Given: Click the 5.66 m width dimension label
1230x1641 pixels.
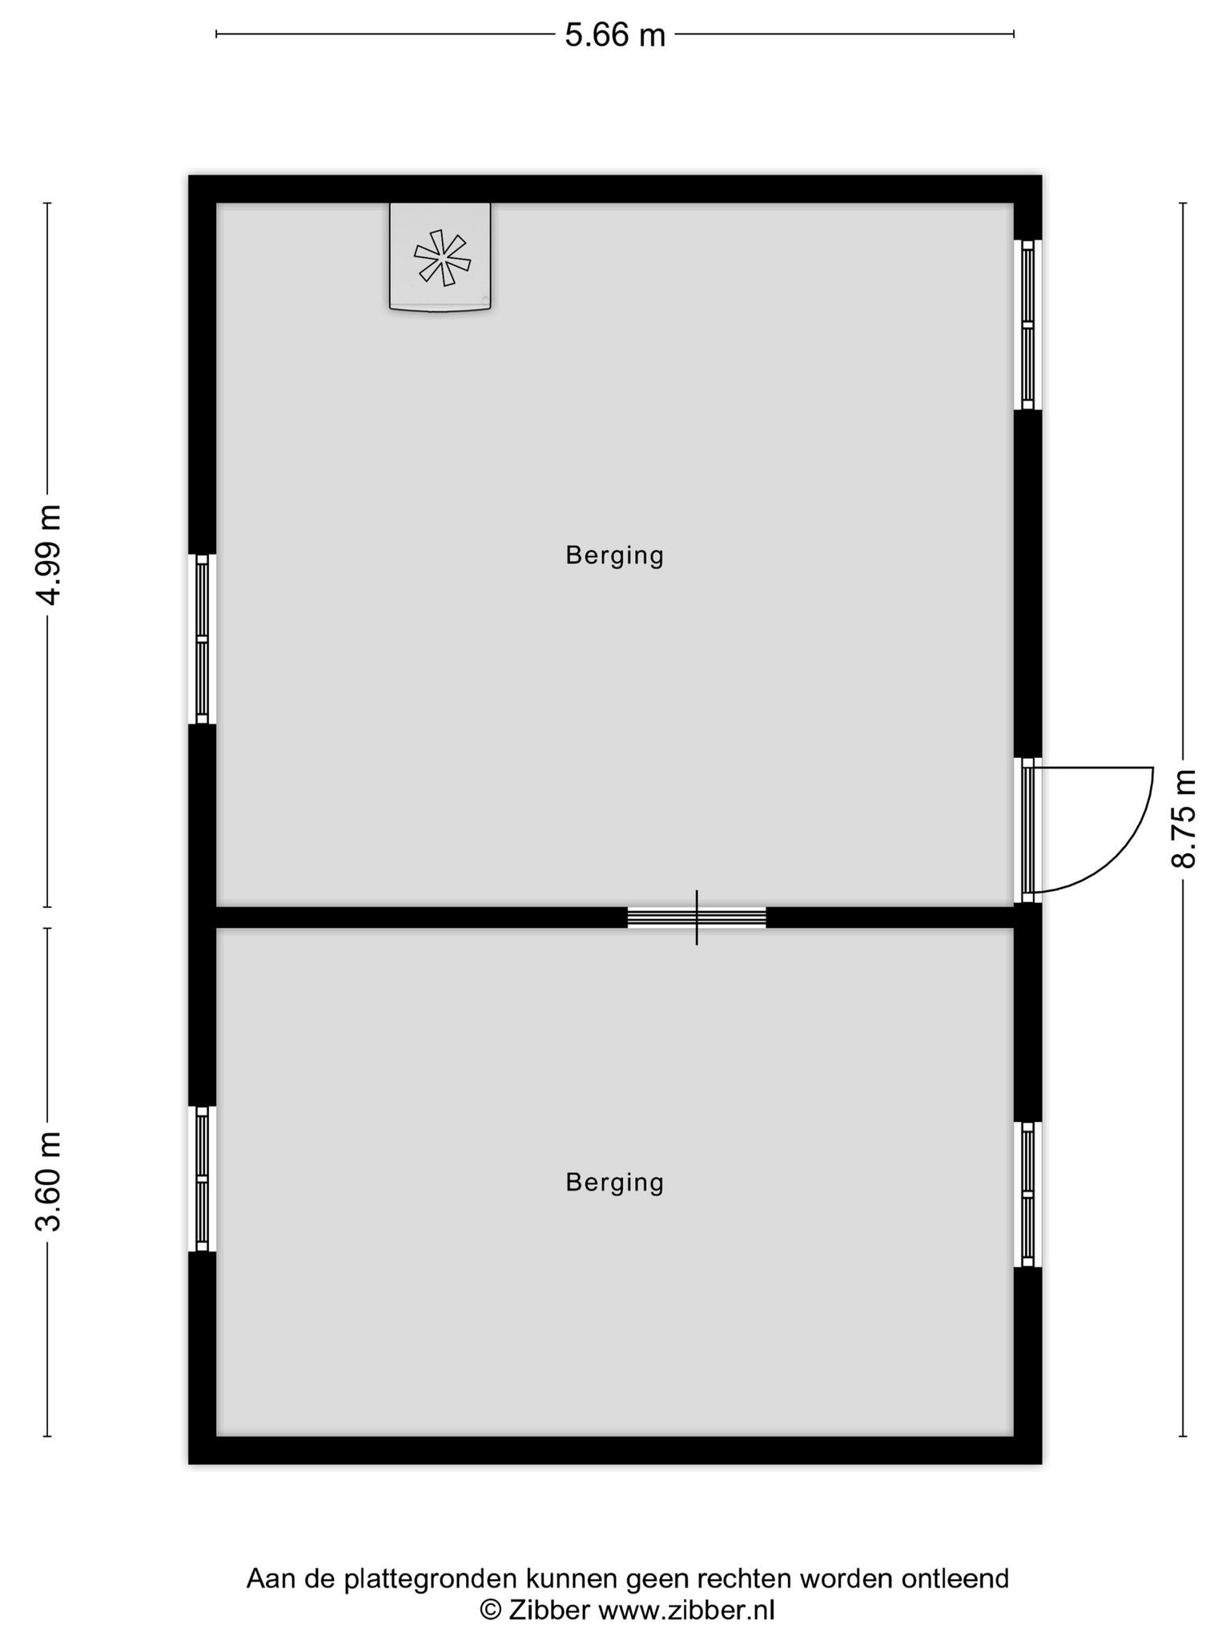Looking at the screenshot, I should coord(615,35).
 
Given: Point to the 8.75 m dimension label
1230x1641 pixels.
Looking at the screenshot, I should coord(1184,818).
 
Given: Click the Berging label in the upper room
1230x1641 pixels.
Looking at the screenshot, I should coord(615,555).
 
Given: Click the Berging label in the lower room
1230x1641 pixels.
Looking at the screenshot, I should coord(615,1183).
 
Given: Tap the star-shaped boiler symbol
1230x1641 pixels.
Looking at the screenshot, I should coord(441,257).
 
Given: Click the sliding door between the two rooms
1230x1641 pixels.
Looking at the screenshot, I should coord(697,917).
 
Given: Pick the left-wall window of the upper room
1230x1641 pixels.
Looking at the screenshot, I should coord(202,639).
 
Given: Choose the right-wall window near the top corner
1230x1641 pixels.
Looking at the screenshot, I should coord(1028,325).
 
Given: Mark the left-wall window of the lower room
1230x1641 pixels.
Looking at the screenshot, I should coord(202,1179).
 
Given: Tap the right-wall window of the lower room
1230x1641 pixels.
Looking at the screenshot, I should coord(1028,1194).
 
